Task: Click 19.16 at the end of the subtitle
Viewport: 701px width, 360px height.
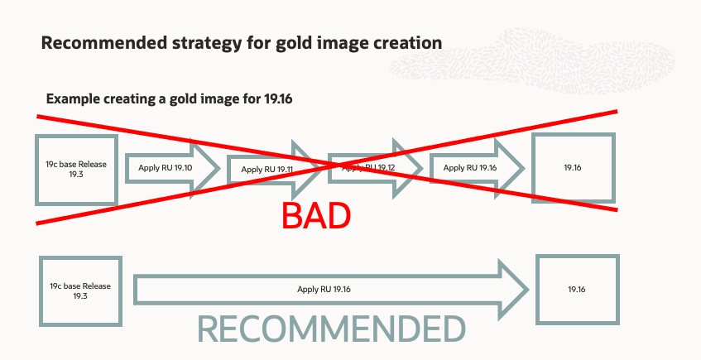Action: pos(278,98)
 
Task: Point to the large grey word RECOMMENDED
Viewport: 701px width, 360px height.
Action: pos(331,329)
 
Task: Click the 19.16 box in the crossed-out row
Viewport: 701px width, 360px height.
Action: pos(573,168)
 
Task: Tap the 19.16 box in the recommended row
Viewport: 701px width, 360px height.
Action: pos(577,290)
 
